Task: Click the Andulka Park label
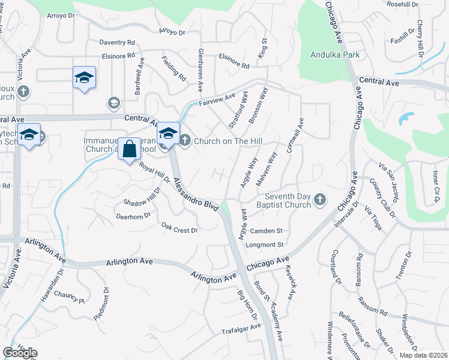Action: (334, 55)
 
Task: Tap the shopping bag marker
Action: (130, 149)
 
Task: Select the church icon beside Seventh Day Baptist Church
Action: (320, 200)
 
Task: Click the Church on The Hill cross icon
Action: (184, 140)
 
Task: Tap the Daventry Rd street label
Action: (117, 43)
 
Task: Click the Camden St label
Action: (267, 230)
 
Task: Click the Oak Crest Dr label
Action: (179, 228)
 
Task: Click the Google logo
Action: (20, 353)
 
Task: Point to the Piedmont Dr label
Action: (101, 303)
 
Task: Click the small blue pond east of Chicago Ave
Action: (406, 118)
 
